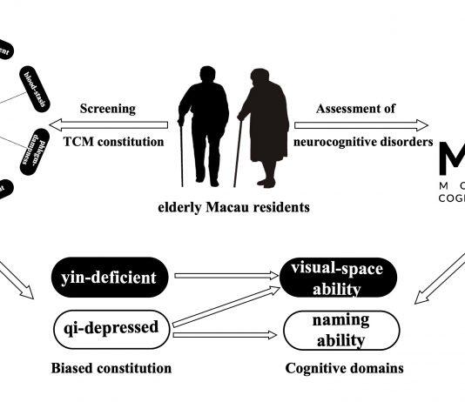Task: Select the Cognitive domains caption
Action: pos(344,368)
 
